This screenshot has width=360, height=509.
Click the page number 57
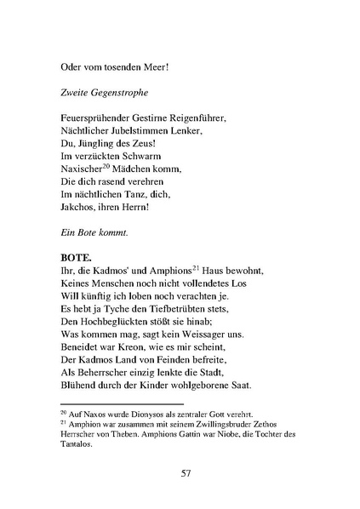(x=185, y=473)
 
